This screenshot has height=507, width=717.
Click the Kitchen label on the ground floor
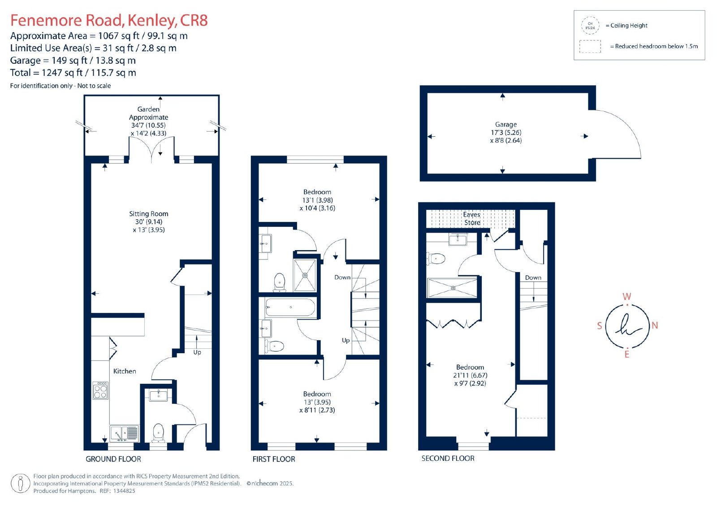[125, 371]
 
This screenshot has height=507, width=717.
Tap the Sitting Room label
[148, 214]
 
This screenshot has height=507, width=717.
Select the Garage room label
[506, 124]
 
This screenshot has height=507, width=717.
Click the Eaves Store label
[472, 218]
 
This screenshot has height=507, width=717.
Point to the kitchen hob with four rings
[100, 391]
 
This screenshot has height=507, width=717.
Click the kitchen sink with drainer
[124, 433]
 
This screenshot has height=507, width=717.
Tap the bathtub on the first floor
[290, 308]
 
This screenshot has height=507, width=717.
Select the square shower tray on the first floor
[305, 275]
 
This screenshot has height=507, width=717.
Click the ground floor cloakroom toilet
[158, 433]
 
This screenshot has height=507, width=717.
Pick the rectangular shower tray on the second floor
[453, 288]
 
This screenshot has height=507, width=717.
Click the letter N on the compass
[655, 325]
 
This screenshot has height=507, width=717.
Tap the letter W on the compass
[627, 296]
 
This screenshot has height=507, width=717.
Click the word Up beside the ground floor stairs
[197, 352]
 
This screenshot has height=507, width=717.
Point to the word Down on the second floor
[533, 277]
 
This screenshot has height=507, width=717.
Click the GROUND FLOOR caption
[113, 459]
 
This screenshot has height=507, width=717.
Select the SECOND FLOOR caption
[448, 458]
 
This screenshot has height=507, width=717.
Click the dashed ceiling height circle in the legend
[590, 26]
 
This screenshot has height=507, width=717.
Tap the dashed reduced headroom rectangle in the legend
[590, 47]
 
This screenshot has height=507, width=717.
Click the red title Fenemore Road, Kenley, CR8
[109, 20]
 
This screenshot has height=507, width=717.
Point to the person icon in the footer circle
[21, 484]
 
